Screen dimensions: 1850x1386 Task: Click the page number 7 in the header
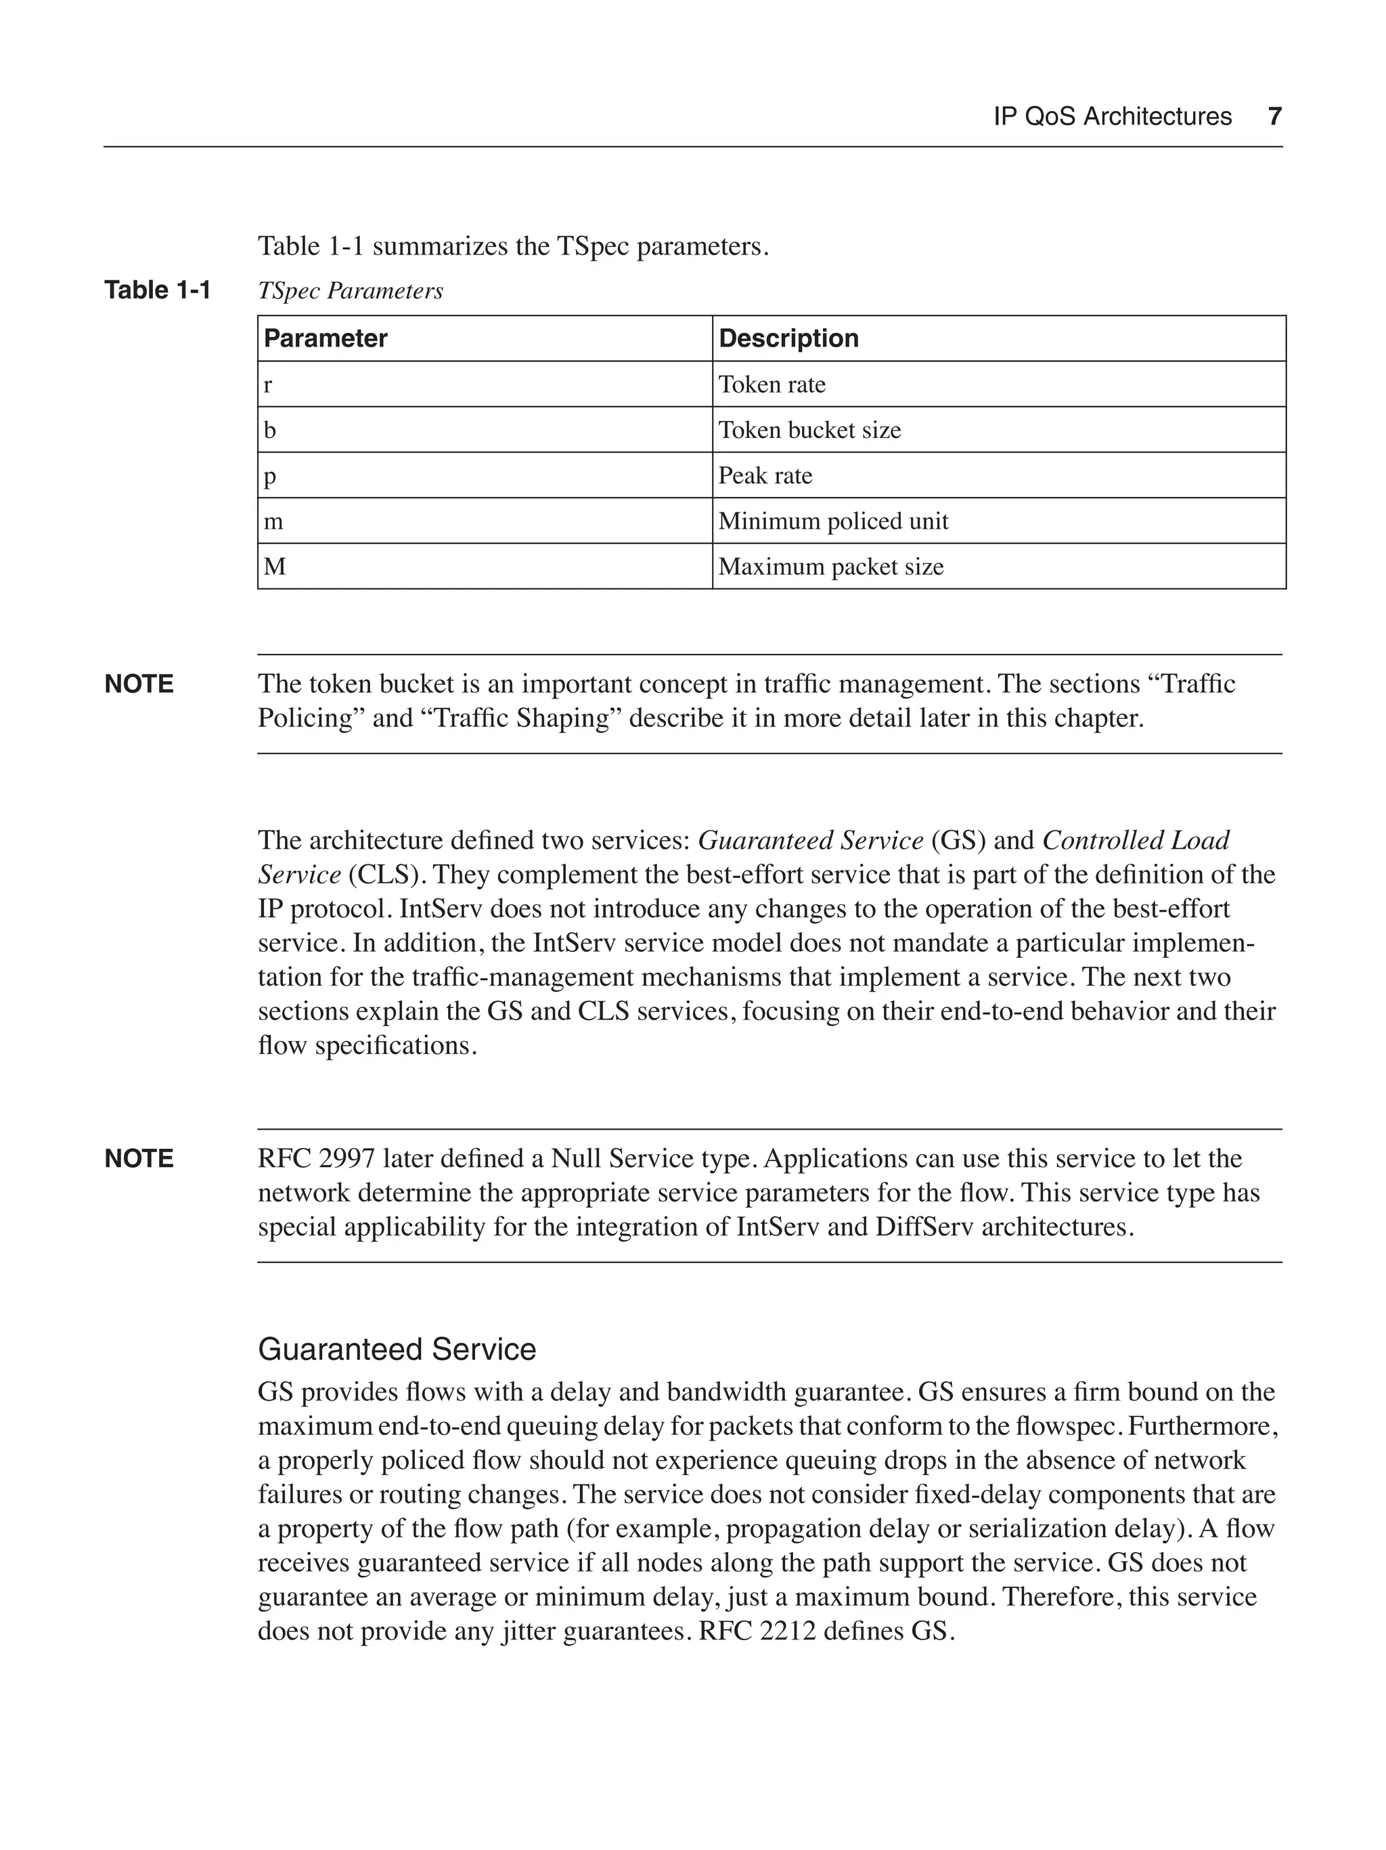coord(1274,116)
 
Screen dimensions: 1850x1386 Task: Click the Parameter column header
coord(326,338)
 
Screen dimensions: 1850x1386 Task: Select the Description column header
coord(788,338)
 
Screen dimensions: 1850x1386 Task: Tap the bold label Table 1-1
coord(157,290)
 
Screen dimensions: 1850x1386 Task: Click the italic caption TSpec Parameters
coord(351,291)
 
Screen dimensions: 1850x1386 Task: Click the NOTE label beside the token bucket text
coord(139,684)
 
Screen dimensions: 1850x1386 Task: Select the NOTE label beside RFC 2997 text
coord(139,1158)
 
